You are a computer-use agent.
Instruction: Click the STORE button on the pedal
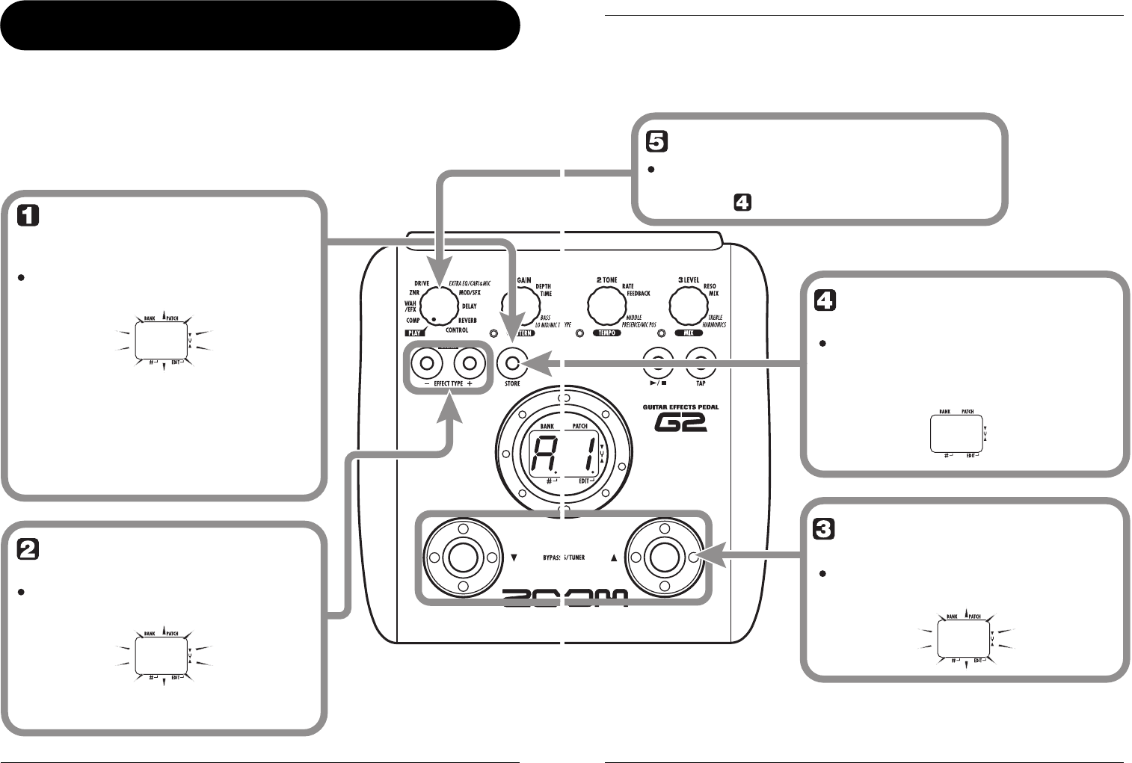(512, 364)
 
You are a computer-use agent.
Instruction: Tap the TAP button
(701, 364)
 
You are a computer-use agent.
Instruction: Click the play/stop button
(658, 364)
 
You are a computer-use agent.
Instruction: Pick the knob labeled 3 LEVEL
(689, 305)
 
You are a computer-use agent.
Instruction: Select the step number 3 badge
(823, 529)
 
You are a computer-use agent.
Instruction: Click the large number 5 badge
(656, 142)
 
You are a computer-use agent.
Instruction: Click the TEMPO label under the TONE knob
(606, 333)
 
